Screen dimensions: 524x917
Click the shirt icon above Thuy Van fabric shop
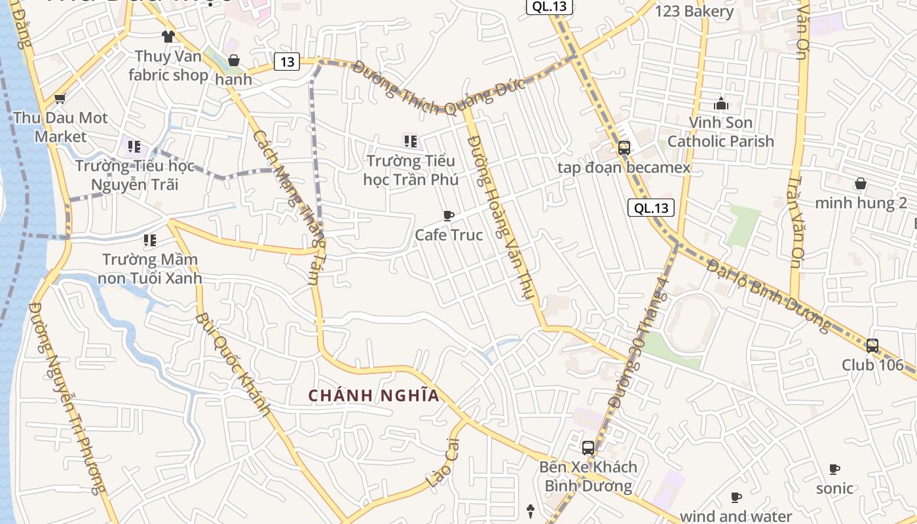point(168,37)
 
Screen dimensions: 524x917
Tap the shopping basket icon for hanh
point(234,61)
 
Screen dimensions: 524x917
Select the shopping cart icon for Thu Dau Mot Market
point(60,99)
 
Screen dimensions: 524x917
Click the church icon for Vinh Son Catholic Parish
point(721,103)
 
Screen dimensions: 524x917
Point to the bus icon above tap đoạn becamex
point(624,148)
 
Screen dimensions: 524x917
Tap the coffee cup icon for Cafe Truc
point(449,215)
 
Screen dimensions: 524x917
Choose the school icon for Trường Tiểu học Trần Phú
point(411,141)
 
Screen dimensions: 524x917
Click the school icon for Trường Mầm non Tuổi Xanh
point(150,240)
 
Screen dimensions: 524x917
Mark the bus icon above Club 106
point(872,345)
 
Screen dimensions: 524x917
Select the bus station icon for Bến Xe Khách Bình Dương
point(588,448)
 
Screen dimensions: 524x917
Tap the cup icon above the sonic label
point(834,469)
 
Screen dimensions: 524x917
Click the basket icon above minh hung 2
point(861,183)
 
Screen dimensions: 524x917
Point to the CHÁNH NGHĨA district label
point(373,396)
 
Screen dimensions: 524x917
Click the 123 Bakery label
point(694,11)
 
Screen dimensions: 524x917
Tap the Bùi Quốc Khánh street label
point(233,365)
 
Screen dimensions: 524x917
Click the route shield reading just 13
point(287,62)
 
